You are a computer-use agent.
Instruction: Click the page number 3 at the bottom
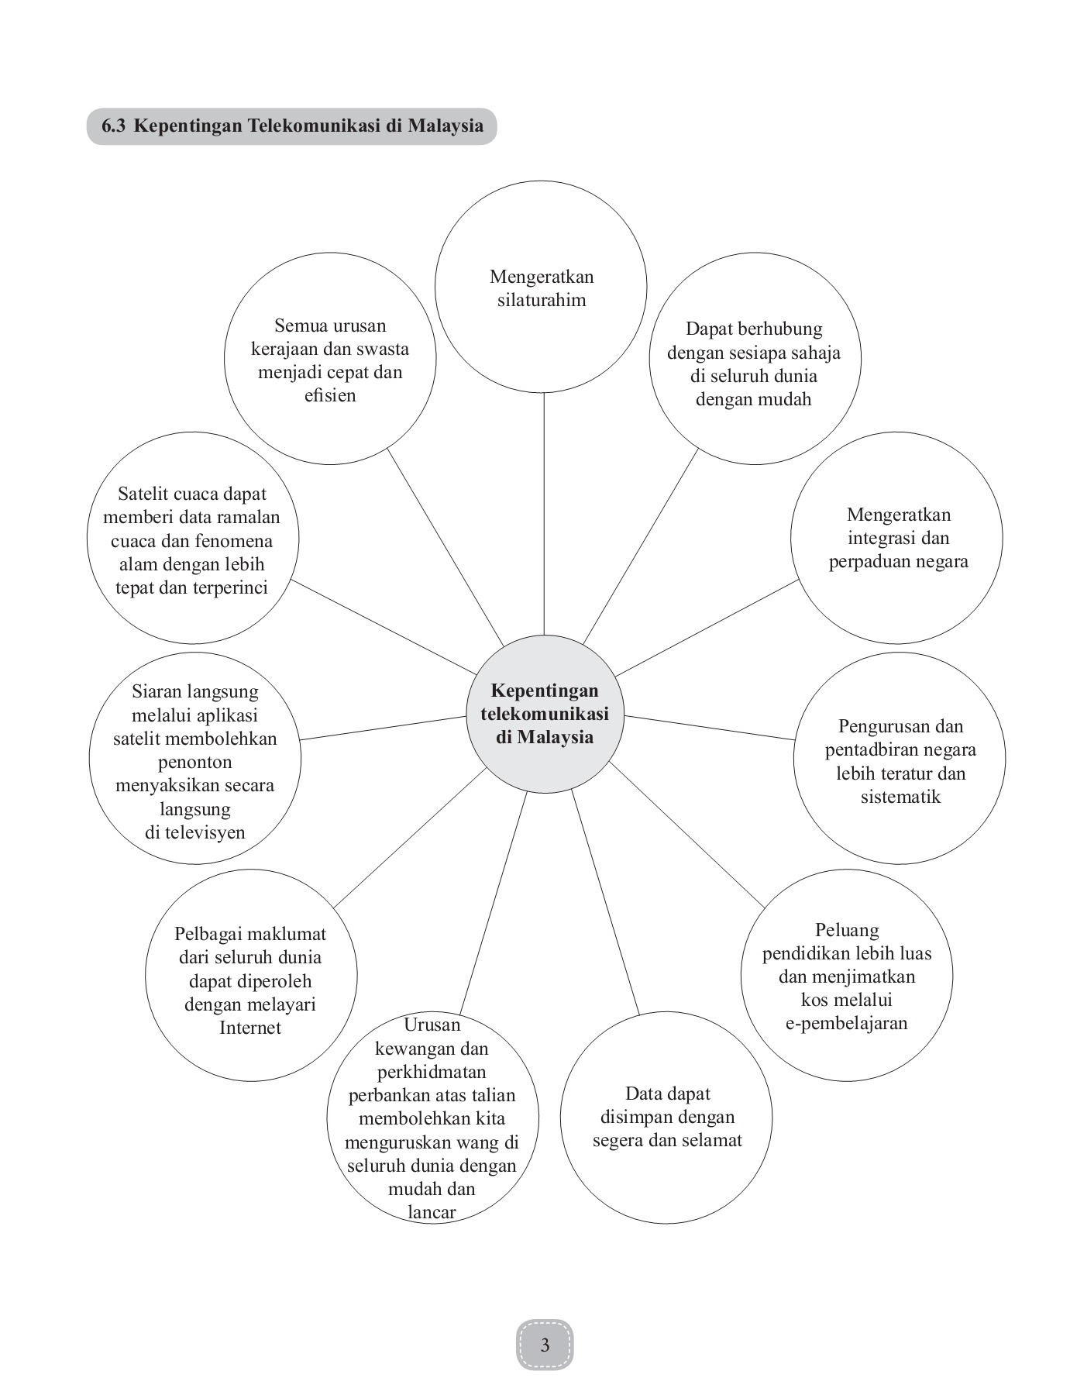[x=545, y=1344]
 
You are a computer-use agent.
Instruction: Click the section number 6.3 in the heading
[x=113, y=126]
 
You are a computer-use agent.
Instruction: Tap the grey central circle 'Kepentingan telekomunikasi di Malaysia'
[x=545, y=713]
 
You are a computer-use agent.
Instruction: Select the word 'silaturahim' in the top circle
[x=542, y=300]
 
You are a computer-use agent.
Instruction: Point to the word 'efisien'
[x=330, y=395]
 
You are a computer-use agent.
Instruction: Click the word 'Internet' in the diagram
[x=250, y=1028]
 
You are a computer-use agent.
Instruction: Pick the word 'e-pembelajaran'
[x=846, y=1023]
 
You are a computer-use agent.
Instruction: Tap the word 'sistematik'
[x=900, y=797]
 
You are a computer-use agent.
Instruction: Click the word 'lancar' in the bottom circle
[x=432, y=1212]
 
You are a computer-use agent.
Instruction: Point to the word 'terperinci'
[x=229, y=587]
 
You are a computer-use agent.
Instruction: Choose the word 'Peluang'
[x=847, y=930]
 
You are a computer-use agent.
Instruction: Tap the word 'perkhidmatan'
[x=432, y=1072]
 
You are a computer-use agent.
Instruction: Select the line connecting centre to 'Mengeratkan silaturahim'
[x=544, y=514]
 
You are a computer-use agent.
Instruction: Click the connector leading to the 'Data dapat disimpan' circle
[x=606, y=903]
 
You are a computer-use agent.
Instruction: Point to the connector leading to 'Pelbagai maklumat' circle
[x=410, y=837]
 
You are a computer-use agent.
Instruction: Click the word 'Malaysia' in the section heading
[x=446, y=126]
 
